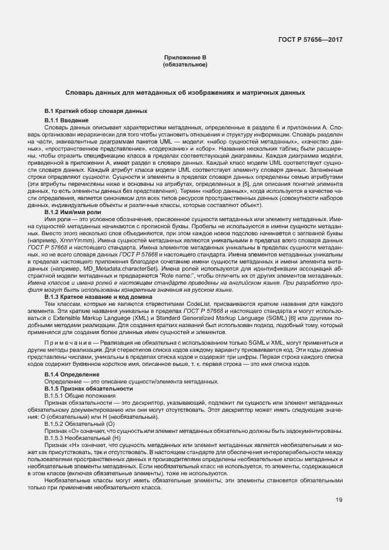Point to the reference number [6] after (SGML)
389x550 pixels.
click(239, 318)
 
